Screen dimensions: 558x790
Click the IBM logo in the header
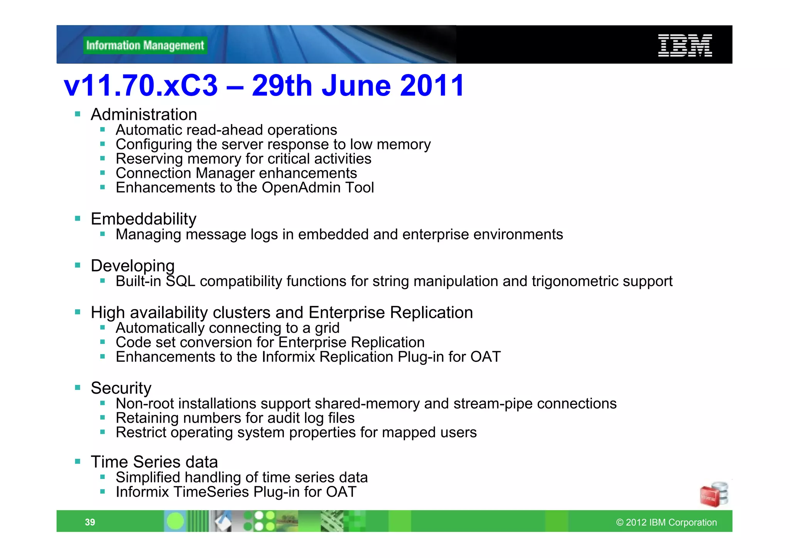[685, 46]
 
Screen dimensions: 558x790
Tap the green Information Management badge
[145, 46]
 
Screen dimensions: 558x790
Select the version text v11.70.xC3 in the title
[141, 86]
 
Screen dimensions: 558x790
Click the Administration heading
[144, 115]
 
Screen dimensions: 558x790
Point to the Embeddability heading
[143, 219]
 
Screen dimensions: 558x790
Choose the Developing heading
[133, 266]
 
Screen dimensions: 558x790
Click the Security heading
[121, 388]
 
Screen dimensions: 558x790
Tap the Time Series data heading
[154, 462]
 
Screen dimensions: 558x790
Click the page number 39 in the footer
[90, 522]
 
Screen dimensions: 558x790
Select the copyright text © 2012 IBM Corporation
[666, 523]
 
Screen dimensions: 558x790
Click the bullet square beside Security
[78, 388]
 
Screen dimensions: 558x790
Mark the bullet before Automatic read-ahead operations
[103, 130]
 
